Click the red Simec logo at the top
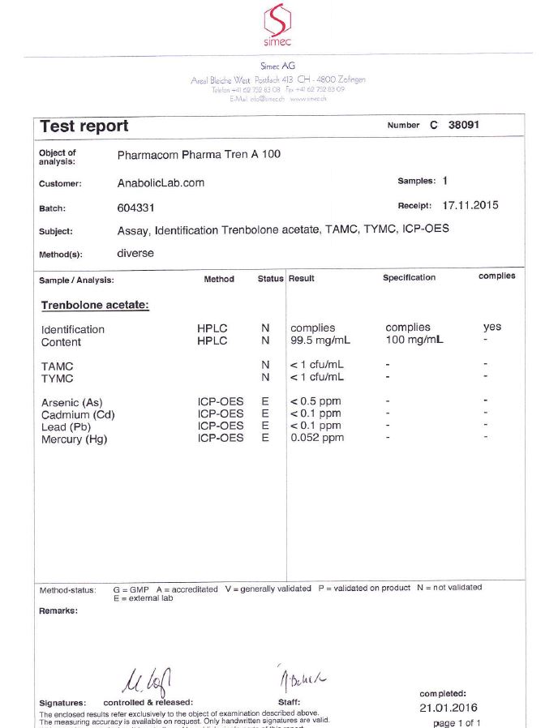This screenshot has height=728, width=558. [278, 23]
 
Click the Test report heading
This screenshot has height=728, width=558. [84, 126]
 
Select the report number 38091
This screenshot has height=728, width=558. [465, 126]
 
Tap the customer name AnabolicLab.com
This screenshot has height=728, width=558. [161, 183]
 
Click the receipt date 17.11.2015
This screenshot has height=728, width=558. [470, 205]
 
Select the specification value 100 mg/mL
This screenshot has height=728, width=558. [414, 340]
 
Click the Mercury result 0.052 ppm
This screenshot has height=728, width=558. [317, 438]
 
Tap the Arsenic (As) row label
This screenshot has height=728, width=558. [72, 403]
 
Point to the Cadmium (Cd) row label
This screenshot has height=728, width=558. [77, 415]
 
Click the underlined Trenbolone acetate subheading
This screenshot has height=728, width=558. [95, 306]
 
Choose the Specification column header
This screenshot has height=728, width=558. [409, 278]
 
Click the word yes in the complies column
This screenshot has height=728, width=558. [492, 328]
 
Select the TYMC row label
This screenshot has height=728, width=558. [58, 379]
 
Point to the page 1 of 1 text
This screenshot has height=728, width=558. [457, 722]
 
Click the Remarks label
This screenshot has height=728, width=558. [58, 610]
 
